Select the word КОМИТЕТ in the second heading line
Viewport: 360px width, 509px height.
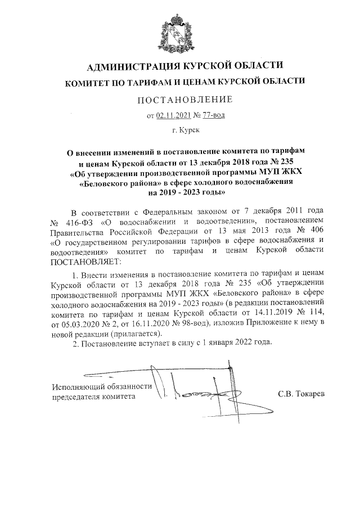click(87, 82)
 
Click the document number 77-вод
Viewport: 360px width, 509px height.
click(214, 116)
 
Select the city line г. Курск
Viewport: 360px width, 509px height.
click(185, 130)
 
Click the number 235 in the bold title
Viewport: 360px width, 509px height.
click(295, 163)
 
